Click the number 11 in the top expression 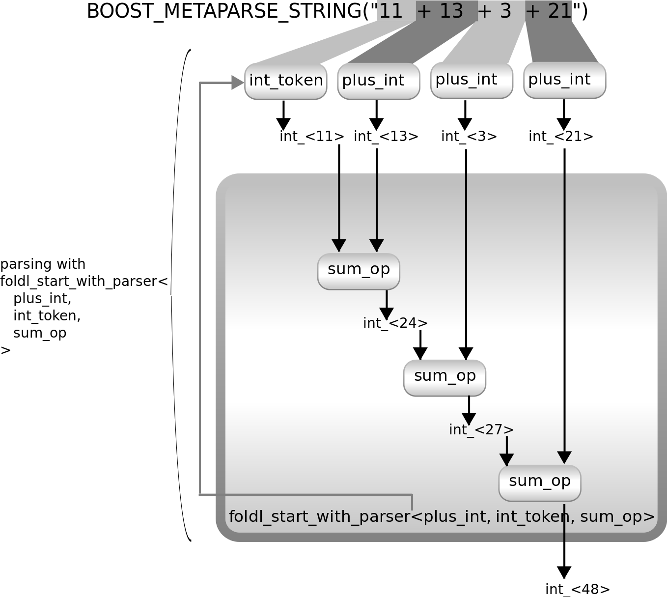(x=391, y=11)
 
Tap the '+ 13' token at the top (x=440, y=11)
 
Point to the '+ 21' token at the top (x=549, y=11)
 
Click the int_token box (x=286, y=81)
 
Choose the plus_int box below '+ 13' (x=379, y=81)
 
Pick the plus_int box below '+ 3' (x=472, y=80)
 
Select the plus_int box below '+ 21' (x=565, y=80)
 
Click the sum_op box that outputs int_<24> (x=359, y=271)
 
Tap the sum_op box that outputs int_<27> (x=445, y=377)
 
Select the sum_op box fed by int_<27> (x=540, y=483)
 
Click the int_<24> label (x=395, y=323)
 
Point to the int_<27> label (x=481, y=430)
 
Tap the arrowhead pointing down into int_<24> (x=387, y=313)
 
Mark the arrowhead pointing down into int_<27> (x=469, y=419)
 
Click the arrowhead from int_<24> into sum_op (x=420, y=353)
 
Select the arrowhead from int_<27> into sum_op (x=506, y=459)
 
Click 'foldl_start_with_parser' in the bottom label (x=319, y=517)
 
